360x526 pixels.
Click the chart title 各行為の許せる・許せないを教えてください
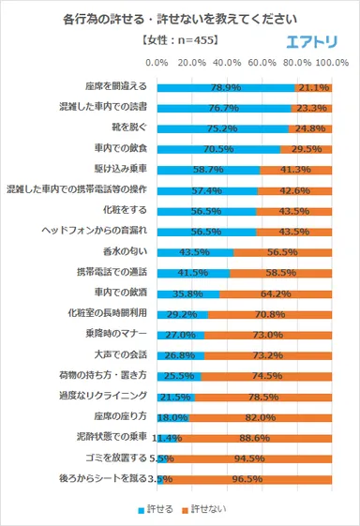pyautogui.click(x=180, y=19)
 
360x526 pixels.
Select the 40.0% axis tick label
pyautogui.click(x=228, y=62)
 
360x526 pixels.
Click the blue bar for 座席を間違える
pyautogui.click(x=225, y=86)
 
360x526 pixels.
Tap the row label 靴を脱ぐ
pyautogui.click(x=130, y=128)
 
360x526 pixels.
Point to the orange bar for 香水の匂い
pyautogui.click(x=283, y=252)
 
